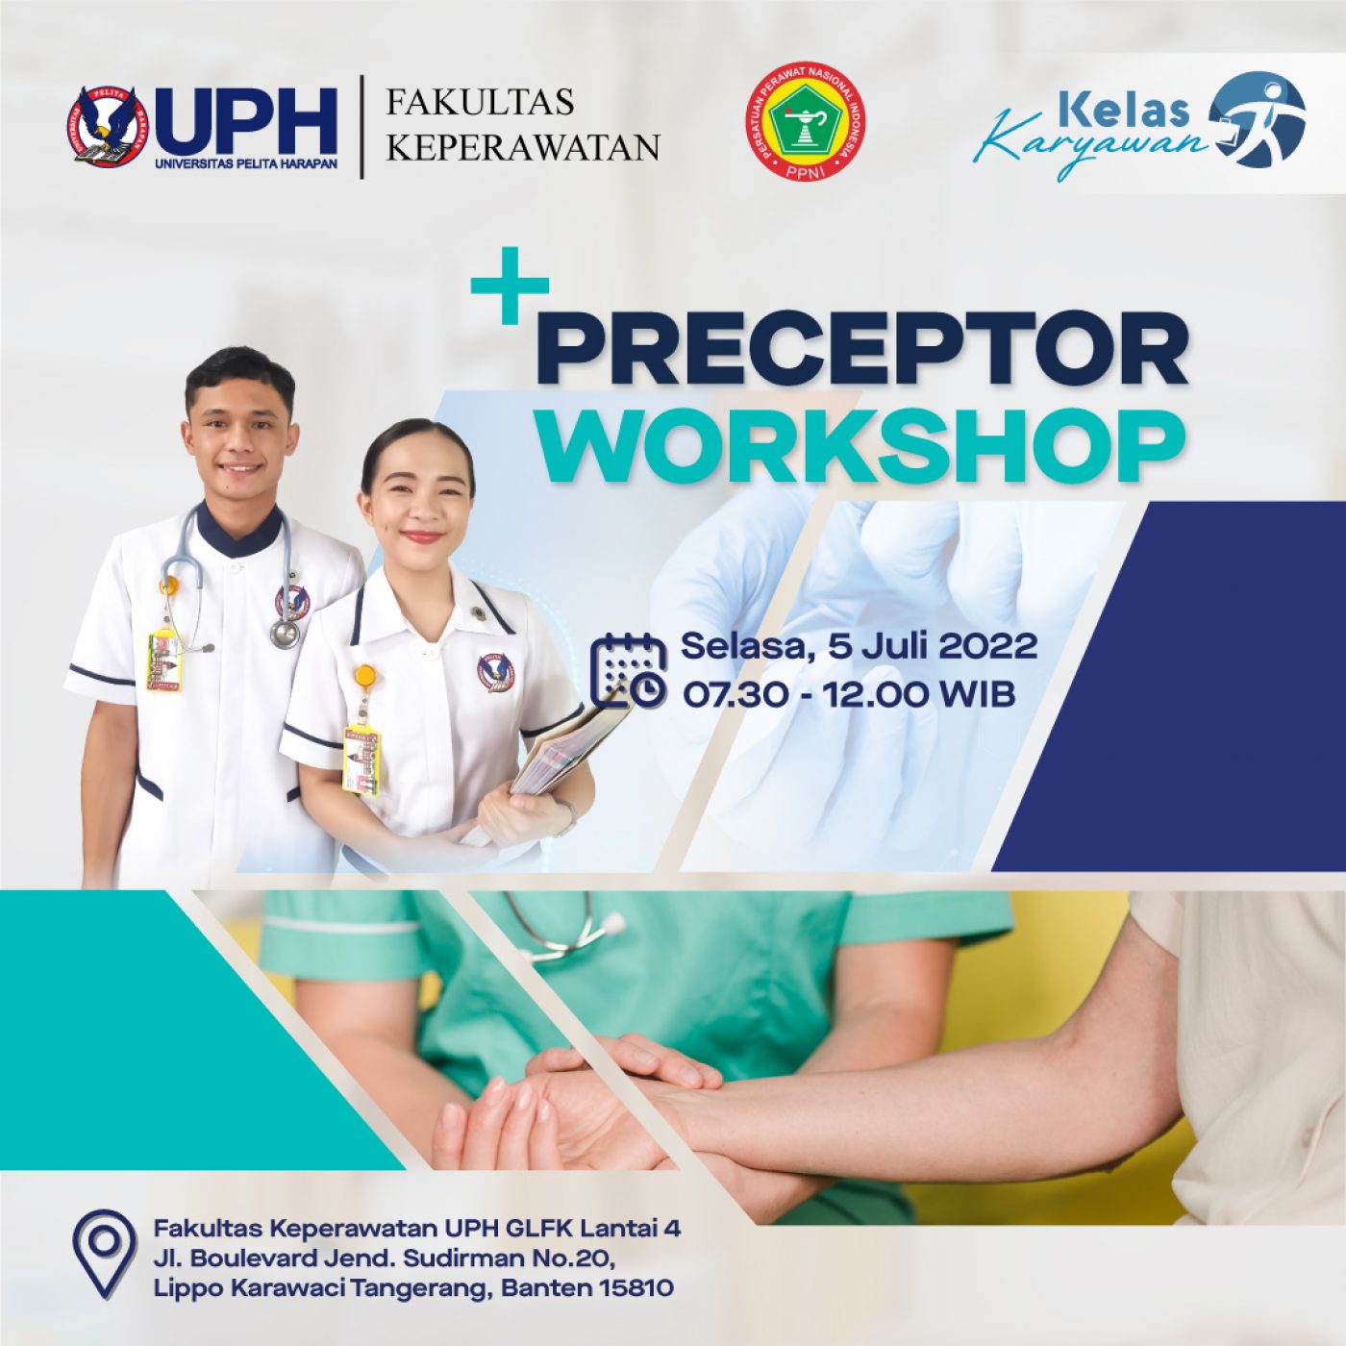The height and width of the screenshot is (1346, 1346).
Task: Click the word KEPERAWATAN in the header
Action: [x=523, y=148]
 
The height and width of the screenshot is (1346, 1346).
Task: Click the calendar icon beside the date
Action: [x=629, y=670]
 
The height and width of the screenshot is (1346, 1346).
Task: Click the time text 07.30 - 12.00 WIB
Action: [x=849, y=694]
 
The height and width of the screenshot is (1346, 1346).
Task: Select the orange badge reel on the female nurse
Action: [x=366, y=675]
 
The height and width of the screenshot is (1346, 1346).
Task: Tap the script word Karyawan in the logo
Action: [x=1094, y=142]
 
